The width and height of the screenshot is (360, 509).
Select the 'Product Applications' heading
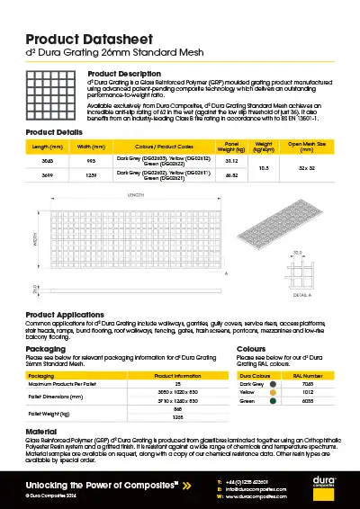click(x=67, y=314)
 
